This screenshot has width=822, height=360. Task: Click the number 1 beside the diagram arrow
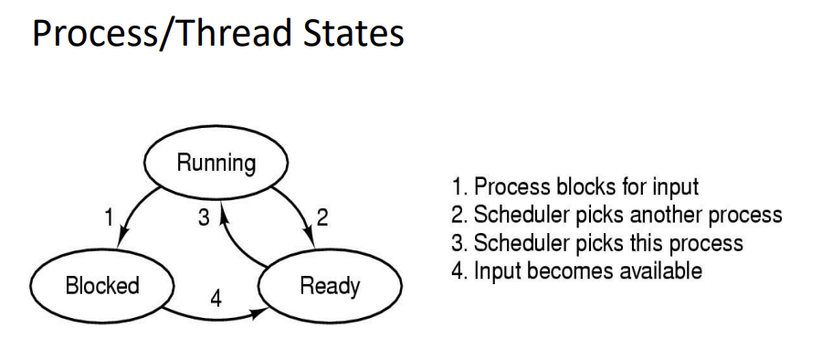pos(109,217)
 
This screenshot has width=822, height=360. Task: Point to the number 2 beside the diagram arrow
pos(322,217)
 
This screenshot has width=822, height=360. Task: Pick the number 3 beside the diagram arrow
pos(204,217)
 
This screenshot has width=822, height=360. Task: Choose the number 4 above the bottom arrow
pos(216,299)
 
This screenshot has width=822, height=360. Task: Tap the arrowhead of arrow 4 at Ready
pos(260,313)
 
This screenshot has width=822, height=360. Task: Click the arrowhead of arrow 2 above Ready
pos(310,238)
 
